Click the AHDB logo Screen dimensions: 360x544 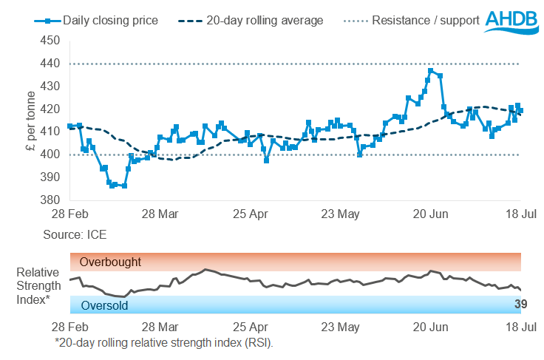(x=511, y=20)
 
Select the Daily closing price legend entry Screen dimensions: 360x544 (x=96, y=21)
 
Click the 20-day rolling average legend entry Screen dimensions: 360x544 (x=254, y=21)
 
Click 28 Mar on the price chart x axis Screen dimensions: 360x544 (x=160, y=214)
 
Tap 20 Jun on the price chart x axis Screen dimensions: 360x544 (x=429, y=214)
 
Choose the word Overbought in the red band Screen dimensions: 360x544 (x=110, y=262)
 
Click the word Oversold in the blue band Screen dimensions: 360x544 (x=104, y=305)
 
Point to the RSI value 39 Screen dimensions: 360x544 (x=520, y=305)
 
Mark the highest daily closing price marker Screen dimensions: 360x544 (x=431, y=71)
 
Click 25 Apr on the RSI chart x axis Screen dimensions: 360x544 (x=251, y=327)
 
